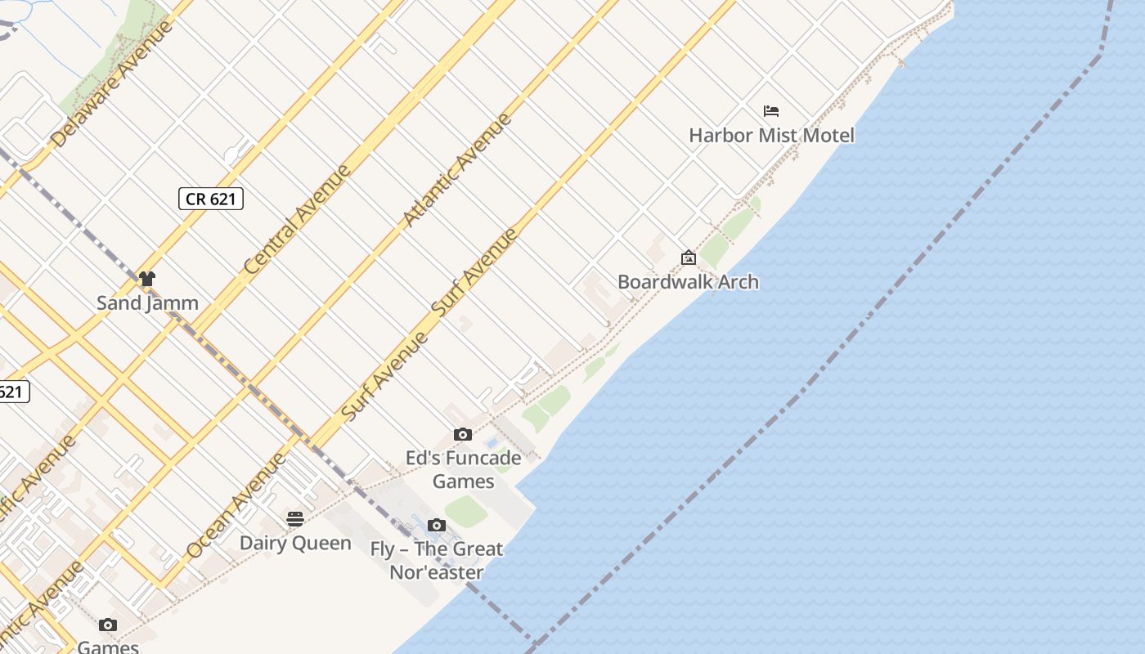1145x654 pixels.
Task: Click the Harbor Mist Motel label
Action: [771, 135]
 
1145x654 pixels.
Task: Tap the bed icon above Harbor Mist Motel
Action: [771, 111]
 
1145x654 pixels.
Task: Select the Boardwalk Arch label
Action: [688, 282]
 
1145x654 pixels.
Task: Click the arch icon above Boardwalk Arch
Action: [689, 258]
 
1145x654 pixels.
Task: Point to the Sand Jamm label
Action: [147, 302]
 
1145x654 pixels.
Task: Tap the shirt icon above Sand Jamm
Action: [147, 279]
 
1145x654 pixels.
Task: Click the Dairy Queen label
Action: [295, 543]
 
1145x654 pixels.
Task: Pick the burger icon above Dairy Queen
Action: [295, 519]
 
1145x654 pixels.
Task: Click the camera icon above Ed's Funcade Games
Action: [463, 434]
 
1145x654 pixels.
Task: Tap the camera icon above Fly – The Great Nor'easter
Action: [437, 525]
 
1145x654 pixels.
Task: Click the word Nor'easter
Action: [436, 572]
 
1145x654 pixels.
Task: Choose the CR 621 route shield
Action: [211, 199]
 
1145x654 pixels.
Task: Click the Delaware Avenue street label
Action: [113, 83]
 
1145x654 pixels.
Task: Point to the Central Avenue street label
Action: [298, 219]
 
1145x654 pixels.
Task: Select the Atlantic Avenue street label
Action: [457, 170]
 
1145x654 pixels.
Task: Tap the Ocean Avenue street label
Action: [236, 505]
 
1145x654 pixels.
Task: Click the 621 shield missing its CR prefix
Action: [11, 392]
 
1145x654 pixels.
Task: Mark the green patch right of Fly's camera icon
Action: [466, 511]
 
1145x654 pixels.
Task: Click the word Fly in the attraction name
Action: [383, 549]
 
